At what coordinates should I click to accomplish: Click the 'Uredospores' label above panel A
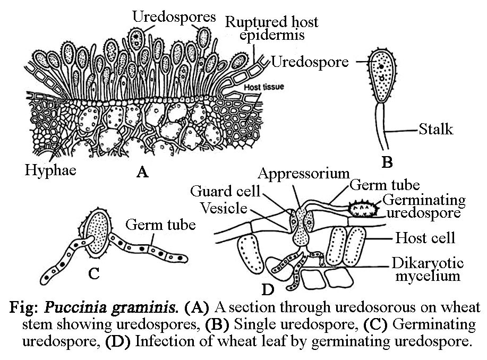point(174,16)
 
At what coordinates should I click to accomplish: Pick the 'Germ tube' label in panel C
point(160,225)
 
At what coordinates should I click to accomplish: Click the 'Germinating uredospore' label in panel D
point(424,207)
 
